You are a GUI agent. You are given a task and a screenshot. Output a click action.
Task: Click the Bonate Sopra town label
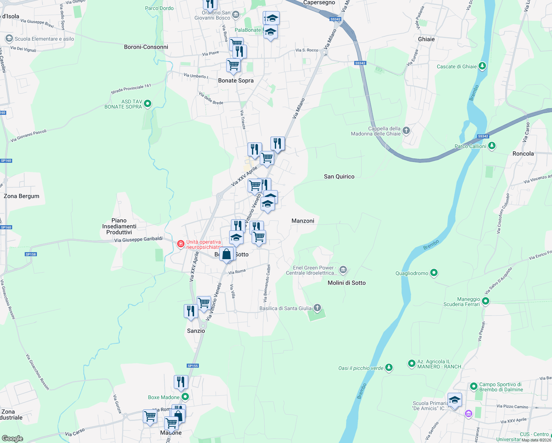[x=236, y=80]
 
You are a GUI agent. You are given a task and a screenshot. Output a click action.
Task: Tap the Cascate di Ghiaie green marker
[x=482, y=66]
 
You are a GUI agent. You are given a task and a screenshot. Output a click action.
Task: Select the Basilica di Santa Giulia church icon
[x=317, y=308]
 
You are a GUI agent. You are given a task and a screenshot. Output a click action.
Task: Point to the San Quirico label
[x=339, y=176]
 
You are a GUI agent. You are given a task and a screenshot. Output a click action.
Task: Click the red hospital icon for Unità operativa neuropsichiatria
[x=180, y=244]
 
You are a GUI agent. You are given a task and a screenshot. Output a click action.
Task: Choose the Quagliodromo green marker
[x=434, y=273]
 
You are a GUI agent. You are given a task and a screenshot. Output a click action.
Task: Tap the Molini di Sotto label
[x=346, y=283]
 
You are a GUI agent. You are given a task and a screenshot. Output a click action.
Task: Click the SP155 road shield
[x=193, y=366]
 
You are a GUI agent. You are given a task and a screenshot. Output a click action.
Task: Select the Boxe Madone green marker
[x=185, y=397]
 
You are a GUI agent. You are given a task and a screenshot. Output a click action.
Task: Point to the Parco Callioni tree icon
[x=491, y=146]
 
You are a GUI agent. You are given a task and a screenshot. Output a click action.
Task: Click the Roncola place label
[x=523, y=154]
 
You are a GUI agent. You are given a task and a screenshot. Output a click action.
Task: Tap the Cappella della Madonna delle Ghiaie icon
[x=406, y=130]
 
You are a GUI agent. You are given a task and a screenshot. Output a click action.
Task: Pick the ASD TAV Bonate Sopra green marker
[x=148, y=104]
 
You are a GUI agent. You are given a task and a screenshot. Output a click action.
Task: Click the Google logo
[x=13, y=439]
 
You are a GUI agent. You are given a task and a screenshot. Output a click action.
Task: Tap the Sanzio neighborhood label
[x=196, y=331]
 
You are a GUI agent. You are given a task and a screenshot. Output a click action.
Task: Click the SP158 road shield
[x=31, y=254]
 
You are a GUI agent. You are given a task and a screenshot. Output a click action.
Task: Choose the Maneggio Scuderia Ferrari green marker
[x=486, y=301]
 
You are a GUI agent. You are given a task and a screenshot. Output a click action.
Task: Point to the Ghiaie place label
[x=426, y=39]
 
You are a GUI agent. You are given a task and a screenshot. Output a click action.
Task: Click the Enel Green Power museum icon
[x=343, y=270]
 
